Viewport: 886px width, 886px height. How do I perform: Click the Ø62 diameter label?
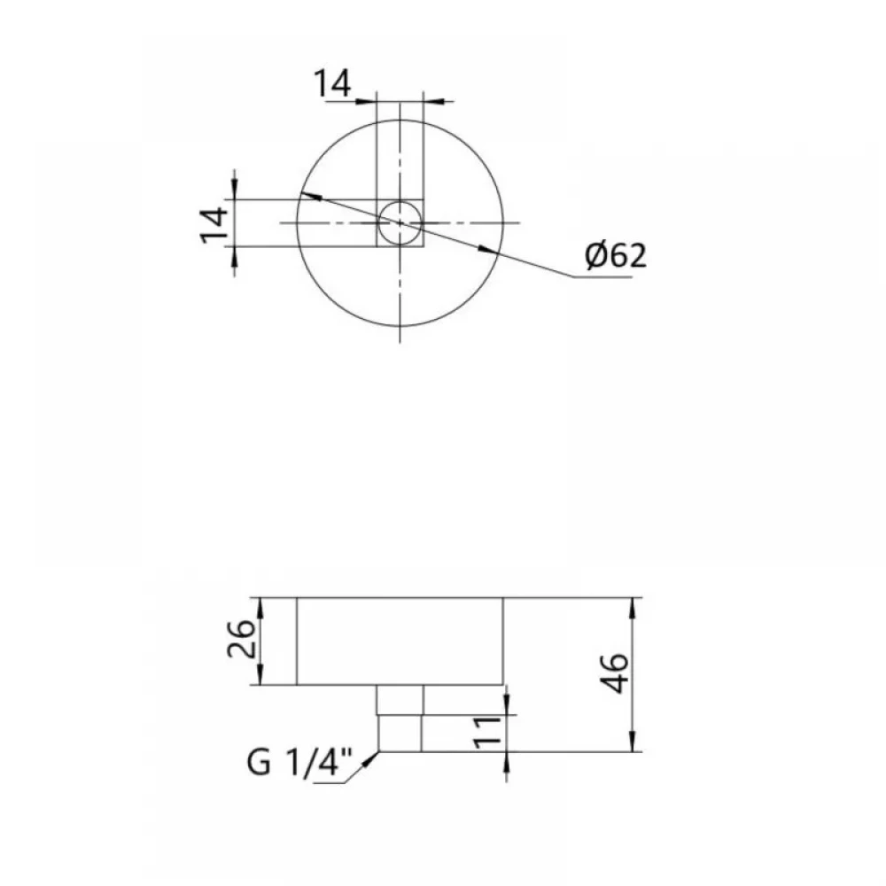point(616,255)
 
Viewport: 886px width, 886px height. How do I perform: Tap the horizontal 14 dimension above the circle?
point(332,83)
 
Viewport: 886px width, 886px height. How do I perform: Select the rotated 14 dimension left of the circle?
point(214,224)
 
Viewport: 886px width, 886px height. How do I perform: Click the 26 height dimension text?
point(241,639)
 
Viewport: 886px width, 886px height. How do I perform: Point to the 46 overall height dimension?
point(614,673)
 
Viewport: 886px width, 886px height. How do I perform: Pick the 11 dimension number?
point(487,733)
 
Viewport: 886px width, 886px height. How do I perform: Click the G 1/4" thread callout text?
point(299,764)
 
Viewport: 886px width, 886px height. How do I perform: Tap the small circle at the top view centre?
point(400,222)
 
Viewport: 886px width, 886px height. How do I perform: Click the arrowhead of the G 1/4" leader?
point(371,758)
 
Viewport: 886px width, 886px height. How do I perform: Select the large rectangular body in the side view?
point(400,641)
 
